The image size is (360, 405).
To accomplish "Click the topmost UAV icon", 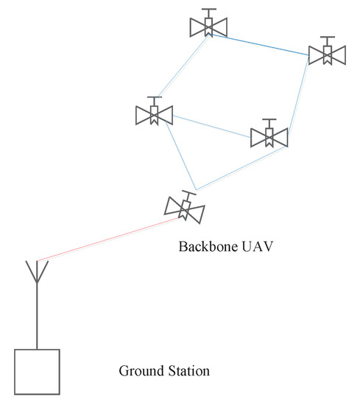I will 208,27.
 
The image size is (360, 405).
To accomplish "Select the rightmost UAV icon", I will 326,54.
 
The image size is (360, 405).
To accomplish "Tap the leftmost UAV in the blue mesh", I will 154,115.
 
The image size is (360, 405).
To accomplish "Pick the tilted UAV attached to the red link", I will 185,210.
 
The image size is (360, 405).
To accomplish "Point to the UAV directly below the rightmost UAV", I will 269,137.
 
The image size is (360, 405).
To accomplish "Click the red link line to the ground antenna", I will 110,239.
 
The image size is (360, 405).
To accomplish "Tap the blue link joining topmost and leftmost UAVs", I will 182,70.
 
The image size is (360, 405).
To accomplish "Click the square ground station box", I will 37,373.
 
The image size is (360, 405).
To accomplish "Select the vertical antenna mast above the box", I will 37,317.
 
